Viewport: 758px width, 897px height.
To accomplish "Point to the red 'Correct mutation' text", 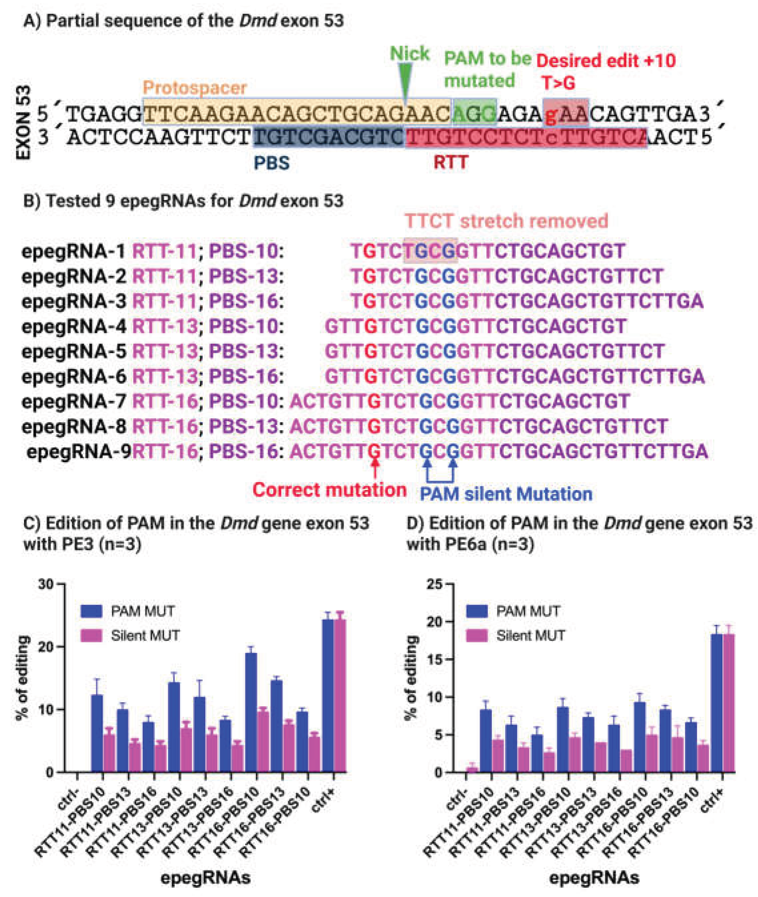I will click(329, 490).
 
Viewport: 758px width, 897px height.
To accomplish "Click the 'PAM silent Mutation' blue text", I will click(506, 494).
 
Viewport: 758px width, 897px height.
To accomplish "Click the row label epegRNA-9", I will click(79, 451).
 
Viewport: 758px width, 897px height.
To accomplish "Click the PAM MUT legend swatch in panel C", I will click(91, 611).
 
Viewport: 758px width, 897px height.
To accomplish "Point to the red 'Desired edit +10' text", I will click(606, 61).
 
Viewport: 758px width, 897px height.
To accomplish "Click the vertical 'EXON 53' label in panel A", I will click(24, 123).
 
